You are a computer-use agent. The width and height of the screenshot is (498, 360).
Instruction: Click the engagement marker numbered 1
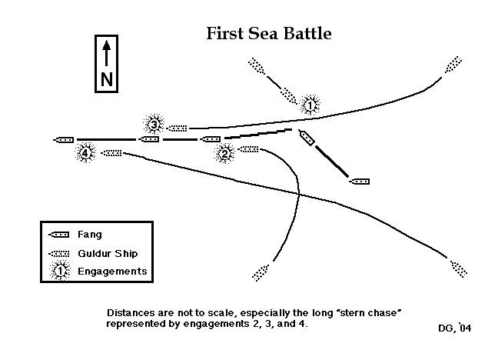pos(310,105)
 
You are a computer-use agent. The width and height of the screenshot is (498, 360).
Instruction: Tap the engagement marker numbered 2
pos(225,153)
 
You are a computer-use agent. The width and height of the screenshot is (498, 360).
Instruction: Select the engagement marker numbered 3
pos(154,125)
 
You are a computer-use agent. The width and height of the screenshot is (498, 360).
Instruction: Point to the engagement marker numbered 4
pos(85,154)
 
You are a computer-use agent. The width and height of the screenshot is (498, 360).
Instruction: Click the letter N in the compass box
pos(106,79)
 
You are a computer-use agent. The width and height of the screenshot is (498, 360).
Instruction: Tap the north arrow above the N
pos(106,54)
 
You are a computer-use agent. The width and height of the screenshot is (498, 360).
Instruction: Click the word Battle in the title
pos(305,35)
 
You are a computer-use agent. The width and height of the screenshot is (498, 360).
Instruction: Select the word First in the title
pos(224,35)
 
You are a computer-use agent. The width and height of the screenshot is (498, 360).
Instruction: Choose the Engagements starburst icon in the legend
pos(59,271)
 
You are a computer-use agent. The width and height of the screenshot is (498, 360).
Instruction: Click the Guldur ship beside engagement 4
pos(111,153)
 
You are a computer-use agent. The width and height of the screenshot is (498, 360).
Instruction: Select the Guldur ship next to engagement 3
pos(178,128)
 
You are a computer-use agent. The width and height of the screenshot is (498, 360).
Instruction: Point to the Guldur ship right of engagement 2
pos(249,149)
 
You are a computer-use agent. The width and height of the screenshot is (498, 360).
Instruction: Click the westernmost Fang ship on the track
pos(64,140)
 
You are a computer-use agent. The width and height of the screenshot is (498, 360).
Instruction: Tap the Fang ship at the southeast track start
pos(359,182)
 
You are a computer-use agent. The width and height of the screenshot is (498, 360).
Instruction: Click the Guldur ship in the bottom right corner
pos(458,268)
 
